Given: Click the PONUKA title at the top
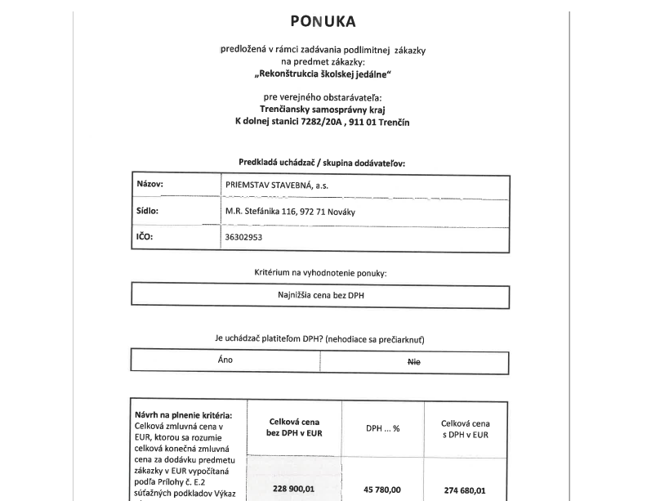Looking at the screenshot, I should (x=323, y=22).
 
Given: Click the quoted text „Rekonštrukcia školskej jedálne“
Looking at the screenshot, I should (x=323, y=74).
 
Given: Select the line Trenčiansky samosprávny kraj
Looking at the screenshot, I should (x=323, y=109).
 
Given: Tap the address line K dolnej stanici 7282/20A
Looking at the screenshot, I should (x=323, y=122).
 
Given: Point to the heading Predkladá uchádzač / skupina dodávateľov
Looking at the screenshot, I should (x=322, y=163).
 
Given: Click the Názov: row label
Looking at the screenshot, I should (x=150, y=184).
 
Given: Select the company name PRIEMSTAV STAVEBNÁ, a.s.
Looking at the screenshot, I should (x=278, y=185).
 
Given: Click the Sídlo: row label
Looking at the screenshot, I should (x=148, y=210).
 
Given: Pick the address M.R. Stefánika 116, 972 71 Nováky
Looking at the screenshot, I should (x=290, y=212).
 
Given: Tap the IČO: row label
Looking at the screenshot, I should (x=145, y=237).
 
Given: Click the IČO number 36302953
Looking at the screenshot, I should (x=244, y=238).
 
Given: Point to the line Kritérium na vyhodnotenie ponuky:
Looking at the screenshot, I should (x=320, y=272).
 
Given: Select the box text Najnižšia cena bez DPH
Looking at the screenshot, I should (x=321, y=295).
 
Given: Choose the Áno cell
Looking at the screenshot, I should (x=225, y=360).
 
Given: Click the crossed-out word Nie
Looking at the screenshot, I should (x=414, y=362).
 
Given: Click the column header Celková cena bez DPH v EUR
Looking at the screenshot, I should (x=294, y=427).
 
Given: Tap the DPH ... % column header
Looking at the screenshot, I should (x=382, y=428).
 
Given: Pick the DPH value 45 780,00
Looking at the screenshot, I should (x=382, y=490).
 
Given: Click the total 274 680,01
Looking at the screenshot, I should (x=465, y=490).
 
